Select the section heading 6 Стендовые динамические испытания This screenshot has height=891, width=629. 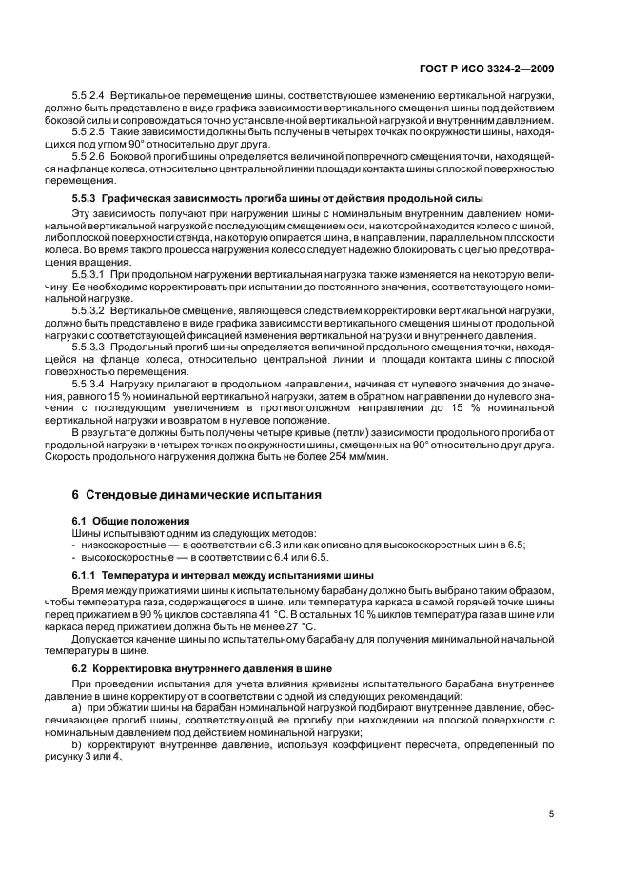197,495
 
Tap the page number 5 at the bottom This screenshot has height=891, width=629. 551,814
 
